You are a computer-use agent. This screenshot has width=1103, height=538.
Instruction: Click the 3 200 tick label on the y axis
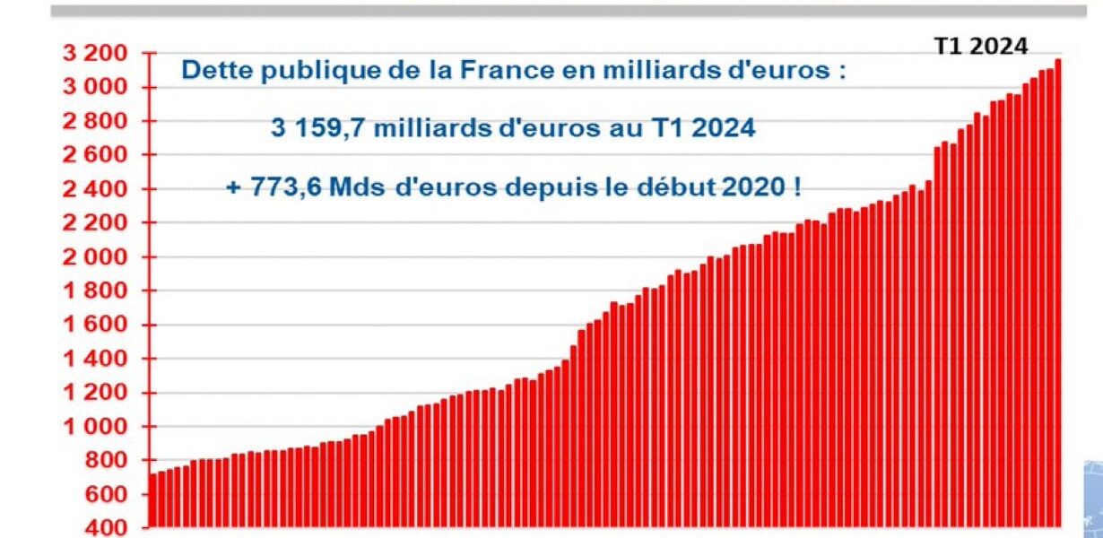point(99,54)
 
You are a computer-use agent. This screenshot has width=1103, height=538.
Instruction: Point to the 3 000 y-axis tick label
point(99,88)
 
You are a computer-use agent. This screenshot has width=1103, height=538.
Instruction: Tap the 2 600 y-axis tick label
point(99,156)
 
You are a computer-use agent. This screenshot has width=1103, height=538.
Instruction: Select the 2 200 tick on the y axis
point(99,223)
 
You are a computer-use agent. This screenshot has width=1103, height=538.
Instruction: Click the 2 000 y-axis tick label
point(99,257)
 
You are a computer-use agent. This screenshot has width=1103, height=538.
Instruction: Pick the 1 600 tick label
point(99,325)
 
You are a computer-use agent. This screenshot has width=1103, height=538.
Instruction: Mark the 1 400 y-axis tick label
point(99,360)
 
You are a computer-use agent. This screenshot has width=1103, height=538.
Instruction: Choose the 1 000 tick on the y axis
point(99,427)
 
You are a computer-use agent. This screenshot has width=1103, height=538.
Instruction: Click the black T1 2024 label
point(981,48)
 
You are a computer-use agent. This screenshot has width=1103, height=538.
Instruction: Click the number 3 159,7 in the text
point(318,129)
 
